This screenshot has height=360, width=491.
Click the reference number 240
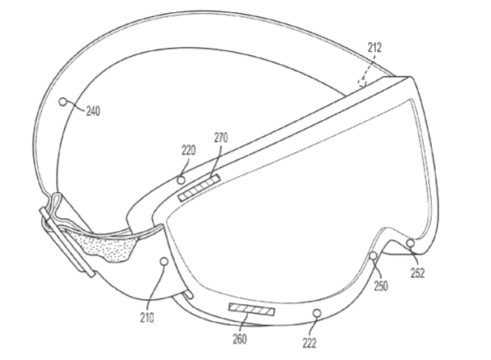[x=93, y=111]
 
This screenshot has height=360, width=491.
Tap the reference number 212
[x=374, y=48]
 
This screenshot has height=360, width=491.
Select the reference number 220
[x=189, y=150]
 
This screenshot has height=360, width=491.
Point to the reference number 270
[x=220, y=138]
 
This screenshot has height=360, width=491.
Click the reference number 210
[x=147, y=318]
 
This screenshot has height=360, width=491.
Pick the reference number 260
[x=240, y=339]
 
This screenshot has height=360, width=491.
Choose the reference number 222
[x=310, y=343]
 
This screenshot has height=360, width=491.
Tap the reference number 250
[x=381, y=285]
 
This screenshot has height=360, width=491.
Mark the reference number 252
[x=418, y=273]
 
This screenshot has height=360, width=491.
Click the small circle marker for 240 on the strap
[x=63, y=101]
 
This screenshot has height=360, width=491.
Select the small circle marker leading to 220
[x=181, y=180]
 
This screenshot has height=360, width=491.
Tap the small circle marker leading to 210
[x=164, y=261]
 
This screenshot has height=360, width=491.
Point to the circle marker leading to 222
[x=318, y=313]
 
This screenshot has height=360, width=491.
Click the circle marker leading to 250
[x=373, y=256]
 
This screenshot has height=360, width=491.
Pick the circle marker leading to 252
[x=410, y=242]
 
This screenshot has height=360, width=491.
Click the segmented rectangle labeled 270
[x=199, y=188]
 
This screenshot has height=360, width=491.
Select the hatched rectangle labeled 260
[x=252, y=309]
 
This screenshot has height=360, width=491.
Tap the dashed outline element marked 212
[x=362, y=82]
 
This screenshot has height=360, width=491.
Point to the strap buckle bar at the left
[x=67, y=242]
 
